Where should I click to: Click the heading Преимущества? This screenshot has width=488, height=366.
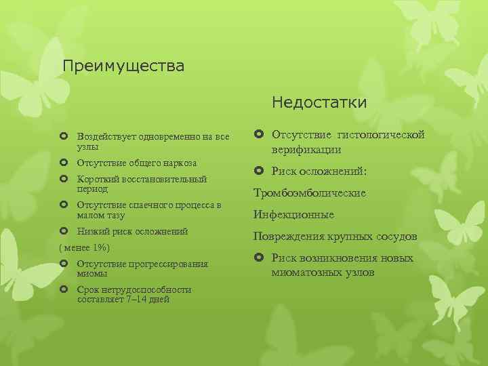(x=123, y=66)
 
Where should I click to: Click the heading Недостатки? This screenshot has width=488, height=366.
(x=319, y=102)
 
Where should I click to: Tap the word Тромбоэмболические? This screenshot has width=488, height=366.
(x=310, y=193)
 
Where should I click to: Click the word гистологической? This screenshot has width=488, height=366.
(x=386, y=135)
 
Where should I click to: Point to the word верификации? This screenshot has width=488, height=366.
(x=306, y=149)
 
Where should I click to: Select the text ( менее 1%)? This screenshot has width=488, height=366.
(x=85, y=248)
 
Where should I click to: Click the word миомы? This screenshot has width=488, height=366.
(x=92, y=273)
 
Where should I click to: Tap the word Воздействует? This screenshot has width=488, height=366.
(x=106, y=137)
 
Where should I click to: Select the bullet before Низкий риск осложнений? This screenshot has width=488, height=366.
(x=64, y=231)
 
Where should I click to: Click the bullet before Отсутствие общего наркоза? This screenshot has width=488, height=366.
(x=64, y=163)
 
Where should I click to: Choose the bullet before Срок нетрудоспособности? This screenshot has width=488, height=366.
(x=64, y=289)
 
